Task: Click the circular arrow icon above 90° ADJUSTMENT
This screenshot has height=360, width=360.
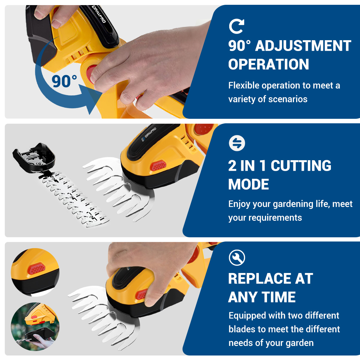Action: tap(236, 26)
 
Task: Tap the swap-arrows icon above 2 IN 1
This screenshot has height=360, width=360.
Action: tap(237, 143)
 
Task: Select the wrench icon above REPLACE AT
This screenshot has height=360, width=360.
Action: tap(237, 258)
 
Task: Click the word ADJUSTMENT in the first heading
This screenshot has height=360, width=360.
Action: tap(303, 46)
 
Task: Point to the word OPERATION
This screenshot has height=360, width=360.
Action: tap(268, 64)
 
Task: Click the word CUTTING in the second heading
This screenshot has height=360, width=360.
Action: tap(301, 166)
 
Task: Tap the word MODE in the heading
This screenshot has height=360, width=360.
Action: tap(248, 184)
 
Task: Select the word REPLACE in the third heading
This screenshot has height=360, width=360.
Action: tap(259, 278)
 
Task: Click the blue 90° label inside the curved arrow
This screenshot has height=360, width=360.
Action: tap(64, 81)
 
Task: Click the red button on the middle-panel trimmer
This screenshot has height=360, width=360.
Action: tap(158, 166)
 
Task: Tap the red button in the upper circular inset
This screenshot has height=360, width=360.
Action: tap(37, 268)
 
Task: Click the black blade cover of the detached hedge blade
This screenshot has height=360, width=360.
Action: tap(34, 157)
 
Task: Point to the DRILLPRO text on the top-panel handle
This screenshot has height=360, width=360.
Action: tap(99, 14)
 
